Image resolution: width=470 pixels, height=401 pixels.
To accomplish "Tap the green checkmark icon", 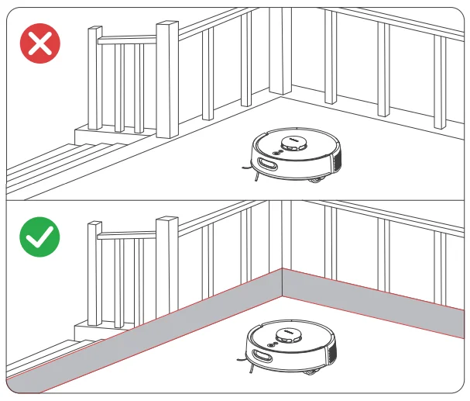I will (x=39, y=239).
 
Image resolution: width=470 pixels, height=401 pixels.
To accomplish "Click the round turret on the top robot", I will (x=294, y=143).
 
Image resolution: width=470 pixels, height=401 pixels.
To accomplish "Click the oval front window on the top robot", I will (x=268, y=164).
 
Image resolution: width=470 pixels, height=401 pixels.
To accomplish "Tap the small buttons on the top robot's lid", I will (x=276, y=152).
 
